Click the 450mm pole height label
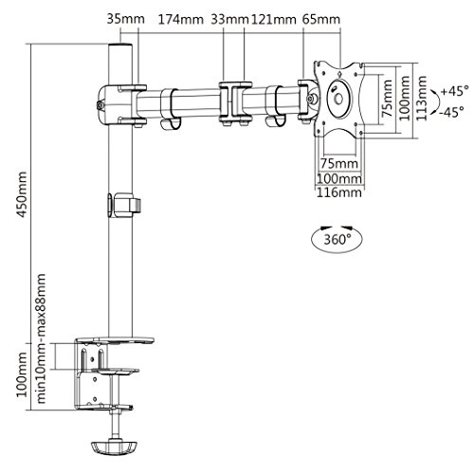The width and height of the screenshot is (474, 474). (22, 194)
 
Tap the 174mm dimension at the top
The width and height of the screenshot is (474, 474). (180, 20)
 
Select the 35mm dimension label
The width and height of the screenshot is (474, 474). (125, 19)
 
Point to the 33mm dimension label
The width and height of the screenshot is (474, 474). (229, 20)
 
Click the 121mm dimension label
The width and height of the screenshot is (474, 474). (274, 20)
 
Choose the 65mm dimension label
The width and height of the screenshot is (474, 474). (321, 20)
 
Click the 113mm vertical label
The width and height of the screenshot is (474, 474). (421, 98)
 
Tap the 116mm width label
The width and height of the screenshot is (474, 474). (339, 192)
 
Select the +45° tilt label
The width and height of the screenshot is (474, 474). (455, 91)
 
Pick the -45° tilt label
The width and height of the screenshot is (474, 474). (453, 112)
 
